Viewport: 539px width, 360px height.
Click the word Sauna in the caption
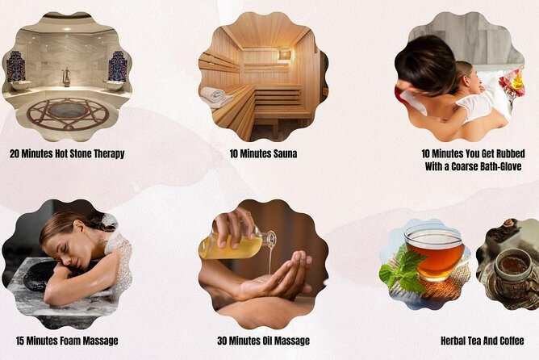(285, 153)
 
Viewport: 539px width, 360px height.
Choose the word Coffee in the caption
(512, 341)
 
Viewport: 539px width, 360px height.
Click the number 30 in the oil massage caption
(223, 341)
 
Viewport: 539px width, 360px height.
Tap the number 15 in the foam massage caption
(20, 341)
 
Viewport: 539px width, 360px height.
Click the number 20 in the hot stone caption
(15, 153)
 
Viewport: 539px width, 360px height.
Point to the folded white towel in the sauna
(215, 96)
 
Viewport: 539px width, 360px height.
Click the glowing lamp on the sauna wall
(286, 54)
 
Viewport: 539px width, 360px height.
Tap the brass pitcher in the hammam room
(66, 77)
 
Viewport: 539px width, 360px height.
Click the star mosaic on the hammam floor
(68, 114)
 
